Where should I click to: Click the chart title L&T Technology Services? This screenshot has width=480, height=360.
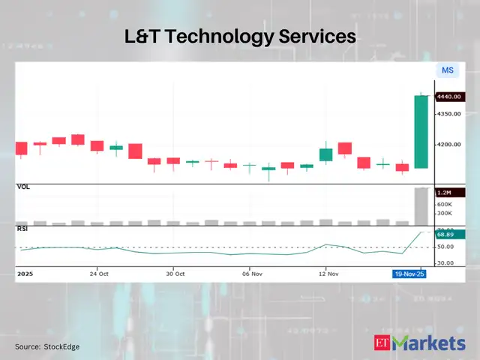point(239,36)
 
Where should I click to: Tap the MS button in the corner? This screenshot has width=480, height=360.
point(448,70)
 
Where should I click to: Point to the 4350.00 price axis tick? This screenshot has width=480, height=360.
point(449,114)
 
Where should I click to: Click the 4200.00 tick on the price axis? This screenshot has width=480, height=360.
point(449,145)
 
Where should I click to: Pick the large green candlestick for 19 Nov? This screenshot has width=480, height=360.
point(421,132)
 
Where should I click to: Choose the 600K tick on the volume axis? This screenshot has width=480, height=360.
point(444,204)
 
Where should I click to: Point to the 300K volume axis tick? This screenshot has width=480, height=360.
point(444,214)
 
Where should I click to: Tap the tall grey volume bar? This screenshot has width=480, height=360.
point(421,205)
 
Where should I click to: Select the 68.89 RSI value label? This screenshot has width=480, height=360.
point(449,235)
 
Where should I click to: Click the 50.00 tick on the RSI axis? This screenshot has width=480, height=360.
point(445,247)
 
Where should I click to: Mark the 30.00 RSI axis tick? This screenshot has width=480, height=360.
point(445,262)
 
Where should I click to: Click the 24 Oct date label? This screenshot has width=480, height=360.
point(99,274)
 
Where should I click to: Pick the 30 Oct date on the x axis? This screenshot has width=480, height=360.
point(175,274)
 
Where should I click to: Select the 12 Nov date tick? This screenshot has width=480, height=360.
point(326,274)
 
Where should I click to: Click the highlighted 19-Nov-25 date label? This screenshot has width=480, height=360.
point(410,274)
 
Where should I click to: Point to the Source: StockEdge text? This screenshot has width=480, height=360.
point(47,346)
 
